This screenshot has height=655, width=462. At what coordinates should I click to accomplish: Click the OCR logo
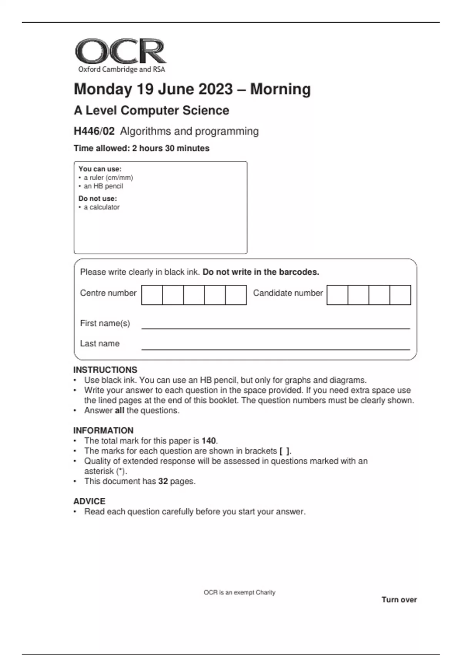tap(121, 55)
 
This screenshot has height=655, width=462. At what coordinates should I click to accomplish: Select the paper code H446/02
tap(94, 131)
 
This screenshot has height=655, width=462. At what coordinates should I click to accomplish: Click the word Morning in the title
tap(280, 89)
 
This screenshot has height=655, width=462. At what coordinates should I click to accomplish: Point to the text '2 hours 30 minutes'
tap(171, 148)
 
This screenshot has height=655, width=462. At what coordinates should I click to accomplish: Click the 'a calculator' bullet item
tap(102, 207)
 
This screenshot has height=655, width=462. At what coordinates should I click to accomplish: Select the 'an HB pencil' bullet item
tap(103, 186)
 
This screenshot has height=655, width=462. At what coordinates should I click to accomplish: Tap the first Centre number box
tap(152, 295)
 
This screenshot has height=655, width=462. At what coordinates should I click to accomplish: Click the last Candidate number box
tap(400, 295)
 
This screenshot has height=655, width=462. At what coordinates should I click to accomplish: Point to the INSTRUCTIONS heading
tap(105, 370)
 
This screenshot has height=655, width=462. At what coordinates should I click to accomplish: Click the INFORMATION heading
tap(103, 430)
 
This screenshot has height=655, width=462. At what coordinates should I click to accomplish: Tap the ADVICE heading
tap(89, 501)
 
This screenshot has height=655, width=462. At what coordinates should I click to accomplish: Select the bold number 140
tap(209, 441)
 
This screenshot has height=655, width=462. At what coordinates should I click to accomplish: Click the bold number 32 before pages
tap(163, 481)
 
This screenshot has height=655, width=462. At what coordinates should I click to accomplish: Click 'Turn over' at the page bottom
tap(399, 600)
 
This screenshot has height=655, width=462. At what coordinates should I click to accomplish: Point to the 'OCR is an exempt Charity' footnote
tap(239, 593)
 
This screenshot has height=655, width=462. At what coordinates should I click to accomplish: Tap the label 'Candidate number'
tap(288, 293)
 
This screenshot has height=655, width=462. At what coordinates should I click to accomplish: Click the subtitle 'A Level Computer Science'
tap(151, 111)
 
